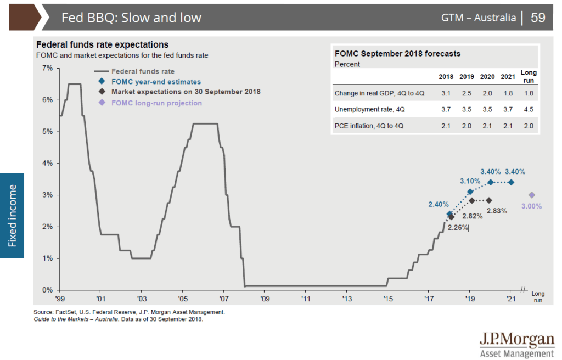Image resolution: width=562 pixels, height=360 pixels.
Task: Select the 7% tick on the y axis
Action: click(x=47, y=69)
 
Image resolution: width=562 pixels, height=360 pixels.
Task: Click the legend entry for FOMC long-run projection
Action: click(x=156, y=103)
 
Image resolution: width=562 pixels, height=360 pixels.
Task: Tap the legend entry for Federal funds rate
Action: click(x=143, y=71)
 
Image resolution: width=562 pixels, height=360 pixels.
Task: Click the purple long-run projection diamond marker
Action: click(x=531, y=195)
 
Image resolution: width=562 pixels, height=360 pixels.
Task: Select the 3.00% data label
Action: click(x=531, y=206)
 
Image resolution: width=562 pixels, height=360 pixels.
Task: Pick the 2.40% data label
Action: click(x=439, y=205)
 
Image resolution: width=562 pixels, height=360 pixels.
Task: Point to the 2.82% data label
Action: click(x=472, y=216)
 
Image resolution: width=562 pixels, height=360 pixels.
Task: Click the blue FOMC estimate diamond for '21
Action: click(x=511, y=182)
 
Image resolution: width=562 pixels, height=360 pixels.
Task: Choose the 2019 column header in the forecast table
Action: click(x=467, y=77)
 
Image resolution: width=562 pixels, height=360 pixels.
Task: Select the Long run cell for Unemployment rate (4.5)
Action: click(x=529, y=109)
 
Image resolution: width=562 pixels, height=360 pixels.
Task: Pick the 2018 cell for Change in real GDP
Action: click(x=446, y=94)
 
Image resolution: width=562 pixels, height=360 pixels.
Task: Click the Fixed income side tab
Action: click(x=12, y=216)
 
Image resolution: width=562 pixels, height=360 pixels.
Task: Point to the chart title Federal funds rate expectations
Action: click(x=102, y=44)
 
